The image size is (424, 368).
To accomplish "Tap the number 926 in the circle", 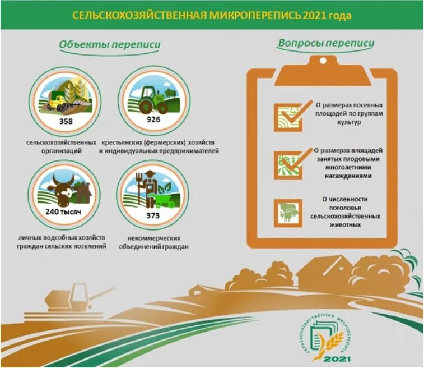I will pyautogui.click(x=153, y=120).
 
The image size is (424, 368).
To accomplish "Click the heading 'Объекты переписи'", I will pyautogui.click(x=109, y=45).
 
